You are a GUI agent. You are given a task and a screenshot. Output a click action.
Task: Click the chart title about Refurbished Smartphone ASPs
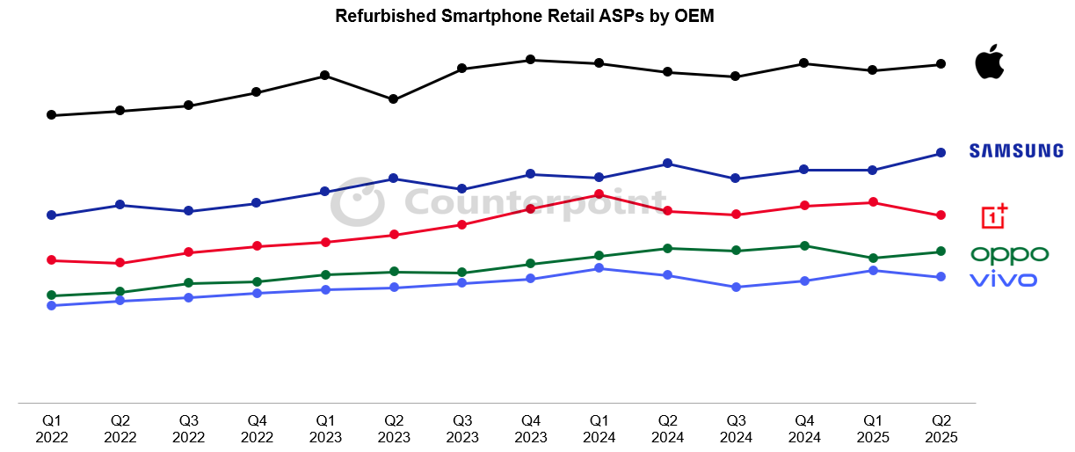(x=524, y=16)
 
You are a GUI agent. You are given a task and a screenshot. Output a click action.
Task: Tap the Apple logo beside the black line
(x=989, y=62)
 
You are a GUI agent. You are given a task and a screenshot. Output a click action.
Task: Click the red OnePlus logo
(x=995, y=215)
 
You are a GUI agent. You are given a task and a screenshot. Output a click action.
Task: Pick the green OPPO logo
(x=1009, y=255)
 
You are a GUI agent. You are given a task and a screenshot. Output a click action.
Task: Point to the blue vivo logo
(x=1003, y=280)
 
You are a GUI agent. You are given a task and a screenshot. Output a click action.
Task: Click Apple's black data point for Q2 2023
(x=394, y=99)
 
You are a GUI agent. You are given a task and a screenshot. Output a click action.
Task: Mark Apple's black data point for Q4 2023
(x=530, y=60)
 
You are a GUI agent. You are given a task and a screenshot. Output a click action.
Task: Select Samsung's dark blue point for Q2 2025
(x=941, y=153)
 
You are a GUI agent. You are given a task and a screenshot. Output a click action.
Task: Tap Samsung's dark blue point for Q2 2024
(x=667, y=164)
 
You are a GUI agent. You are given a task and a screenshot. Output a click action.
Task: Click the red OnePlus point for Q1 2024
(x=599, y=194)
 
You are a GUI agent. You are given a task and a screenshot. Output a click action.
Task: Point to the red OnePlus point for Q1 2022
(x=52, y=260)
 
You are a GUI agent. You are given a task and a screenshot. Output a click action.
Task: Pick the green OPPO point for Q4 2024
(x=803, y=246)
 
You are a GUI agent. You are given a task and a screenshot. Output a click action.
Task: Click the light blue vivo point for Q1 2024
(x=599, y=268)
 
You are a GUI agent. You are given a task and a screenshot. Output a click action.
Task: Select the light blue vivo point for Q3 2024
(x=736, y=288)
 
